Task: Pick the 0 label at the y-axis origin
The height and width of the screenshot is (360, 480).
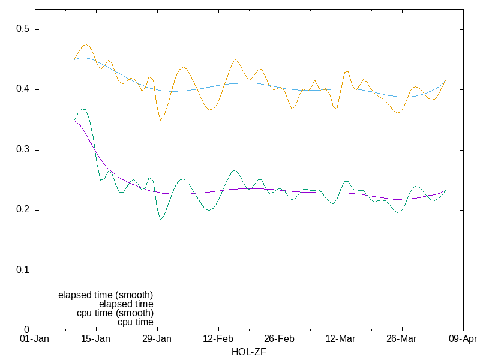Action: click(x=27, y=330)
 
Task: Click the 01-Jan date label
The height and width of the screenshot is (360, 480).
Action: click(x=35, y=340)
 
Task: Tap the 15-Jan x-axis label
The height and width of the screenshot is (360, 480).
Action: click(x=96, y=340)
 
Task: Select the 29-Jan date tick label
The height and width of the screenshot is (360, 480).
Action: click(x=157, y=340)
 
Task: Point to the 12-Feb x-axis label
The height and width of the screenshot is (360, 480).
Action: click(x=218, y=340)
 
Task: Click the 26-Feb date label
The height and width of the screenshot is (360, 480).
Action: click(x=280, y=340)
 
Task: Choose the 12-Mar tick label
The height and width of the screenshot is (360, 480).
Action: click(x=340, y=340)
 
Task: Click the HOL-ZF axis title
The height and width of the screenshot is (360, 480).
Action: click(x=248, y=352)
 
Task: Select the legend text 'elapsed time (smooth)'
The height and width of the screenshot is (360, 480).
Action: click(x=106, y=295)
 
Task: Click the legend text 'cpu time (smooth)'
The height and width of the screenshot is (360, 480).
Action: click(x=115, y=313)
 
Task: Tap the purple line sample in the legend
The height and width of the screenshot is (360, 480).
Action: click(x=171, y=296)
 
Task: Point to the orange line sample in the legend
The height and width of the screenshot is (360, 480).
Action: click(x=171, y=323)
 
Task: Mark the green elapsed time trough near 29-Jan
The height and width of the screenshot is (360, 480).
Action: click(x=161, y=220)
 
